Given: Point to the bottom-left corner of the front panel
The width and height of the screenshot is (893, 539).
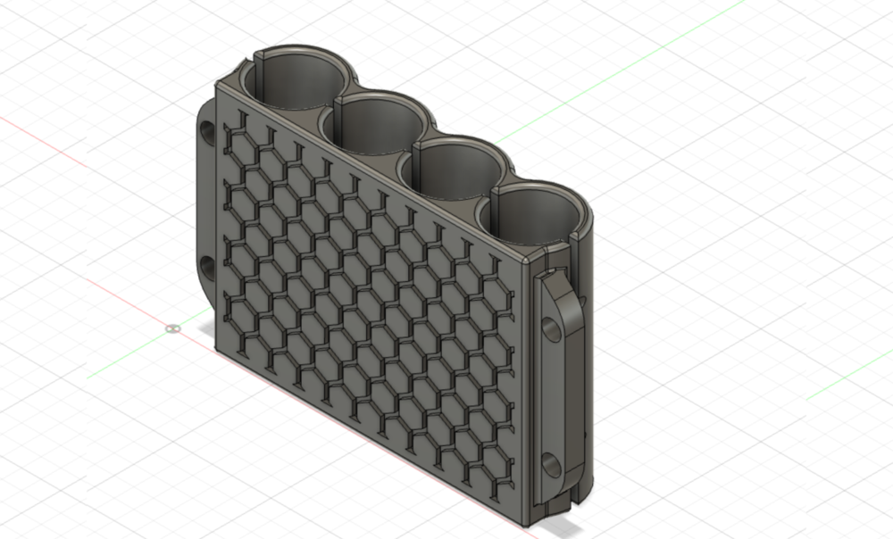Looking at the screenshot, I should tap(215, 350).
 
